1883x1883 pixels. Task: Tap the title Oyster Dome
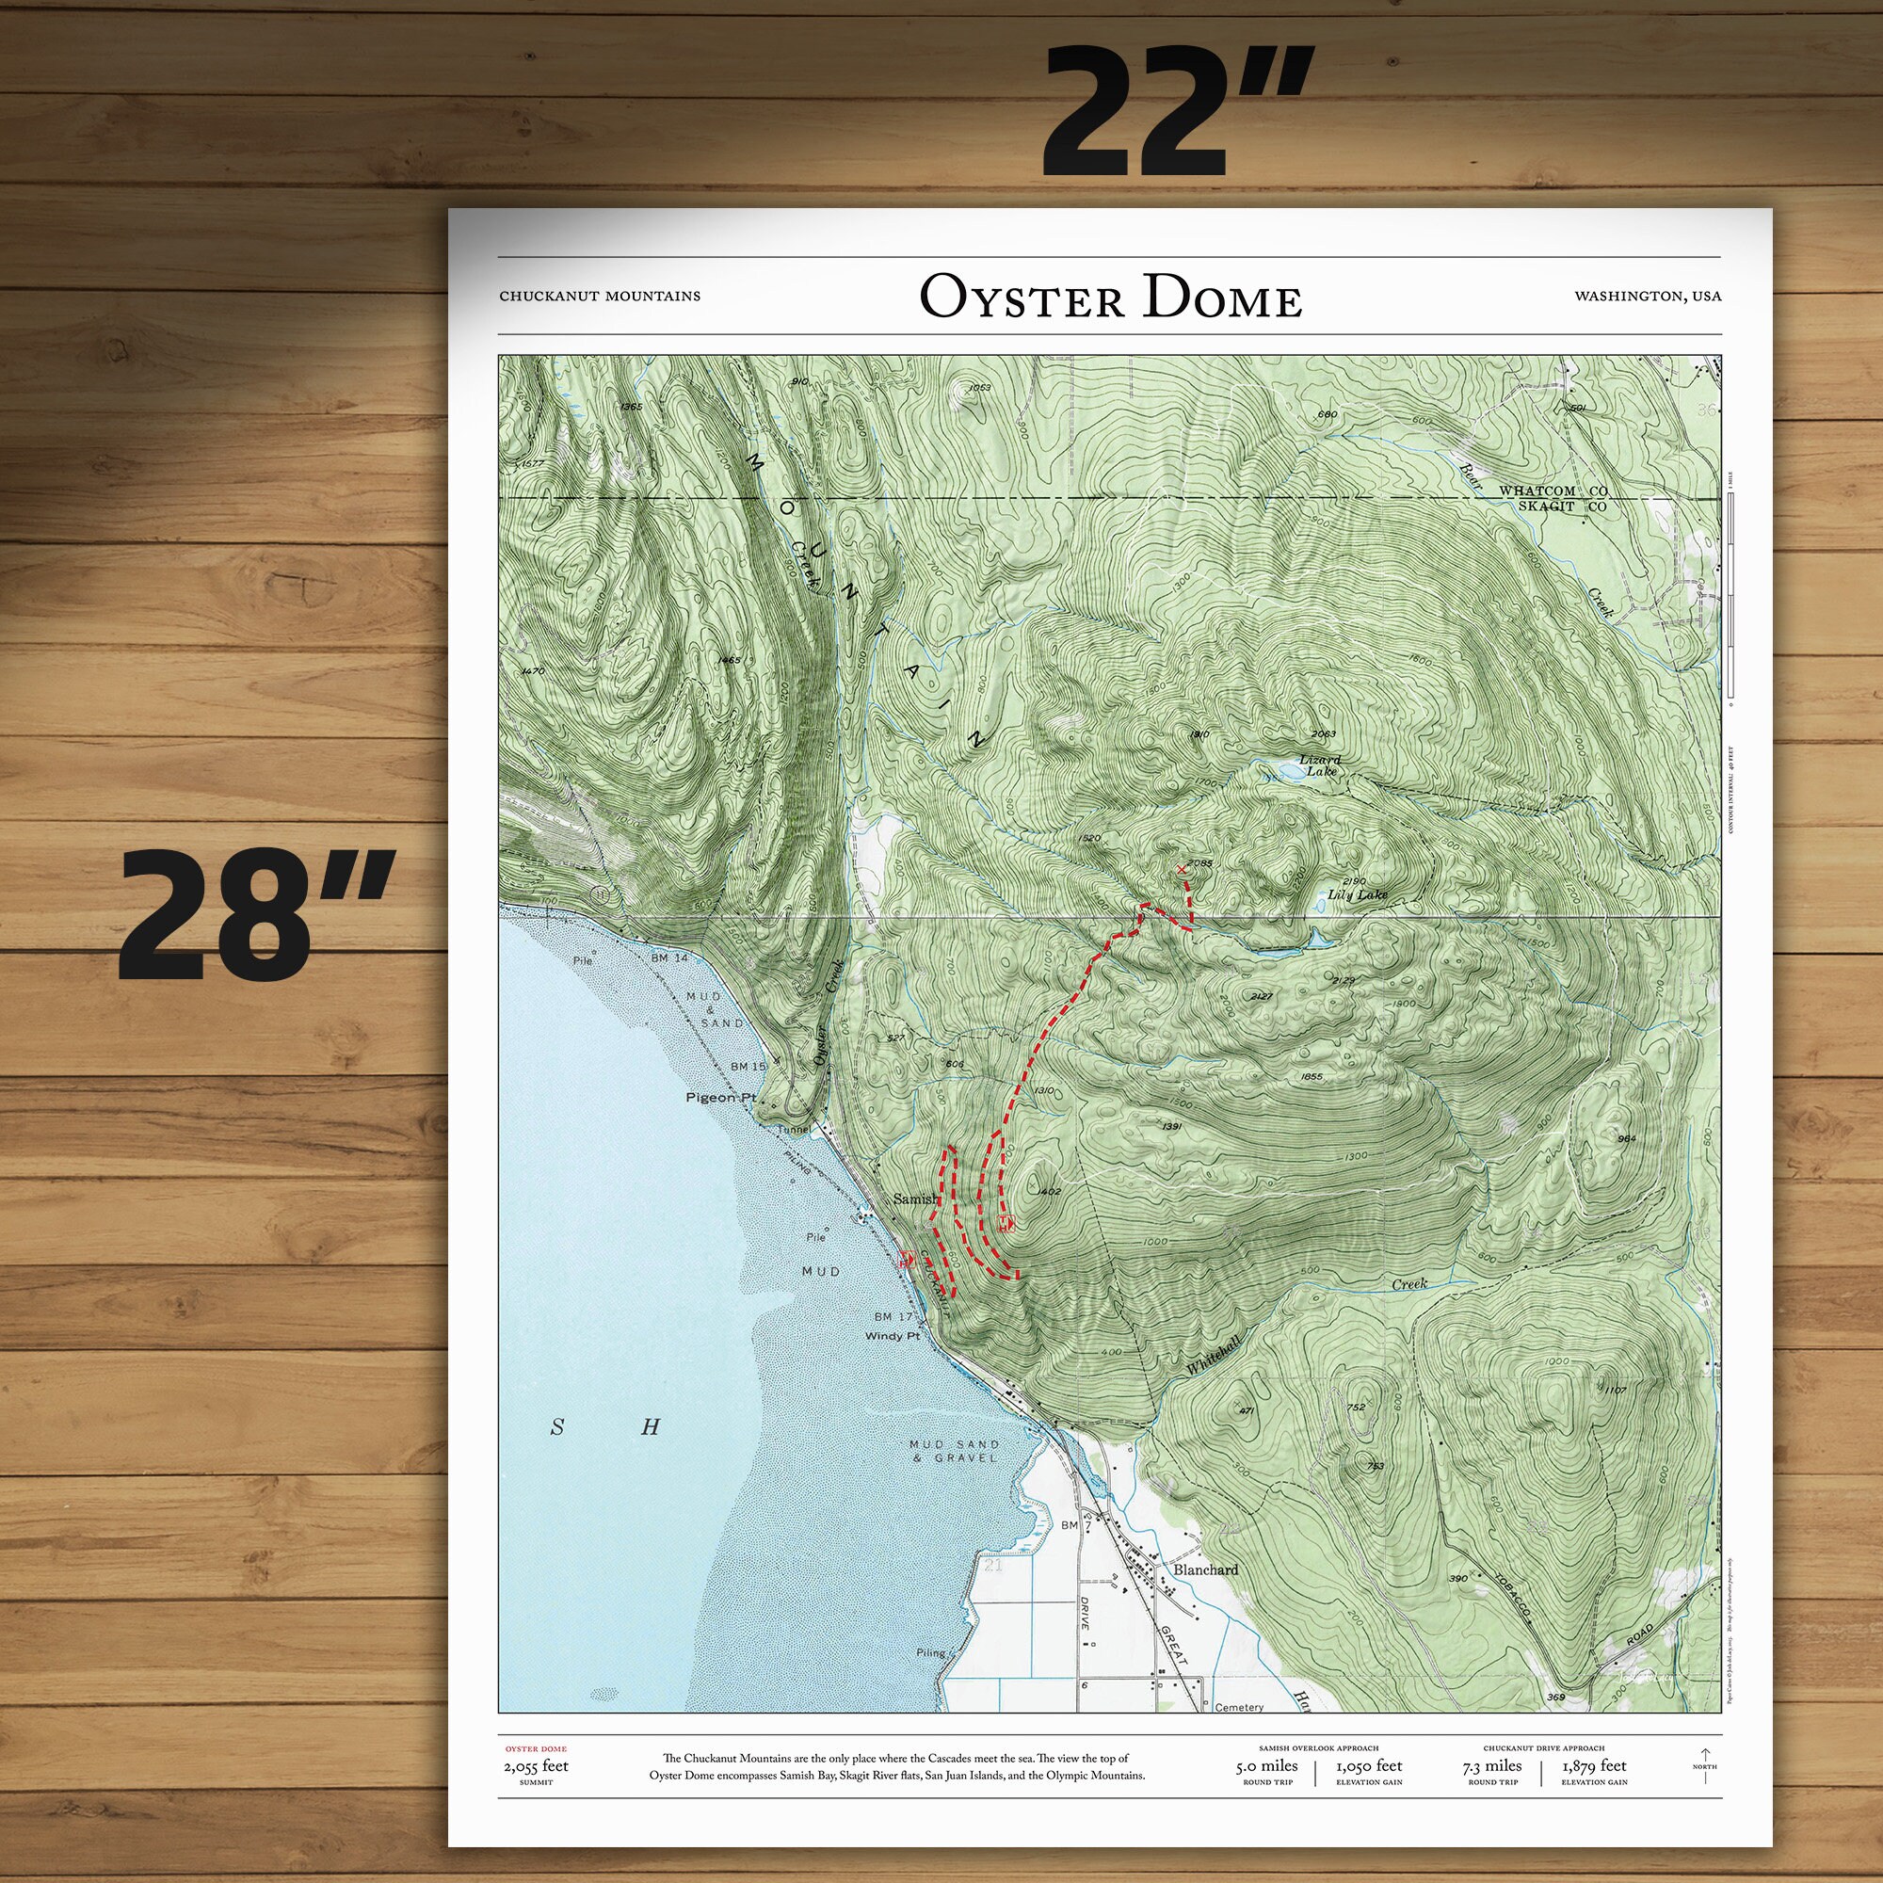pyautogui.click(x=1110, y=298)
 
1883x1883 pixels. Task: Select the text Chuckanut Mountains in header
pyautogui.click(x=600, y=297)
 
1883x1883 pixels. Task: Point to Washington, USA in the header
pyautogui.click(x=1647, y=297)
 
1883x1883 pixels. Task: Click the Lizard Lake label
pyautogui.click(x=1321, y=765)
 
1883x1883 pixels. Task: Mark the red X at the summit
pyautogui.click(x=1183, y=867)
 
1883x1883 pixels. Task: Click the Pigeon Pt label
pyautogui.click(x=721, y=1098)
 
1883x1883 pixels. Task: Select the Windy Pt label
pyautogui.click(x=892, y=1336)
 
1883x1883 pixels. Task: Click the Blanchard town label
pyautogui.click(x=1206, y=1569)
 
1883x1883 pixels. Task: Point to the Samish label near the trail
pyautogui.click(x=916, y=1199)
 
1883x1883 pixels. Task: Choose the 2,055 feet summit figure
pyautogui.click(x=536, y=1766)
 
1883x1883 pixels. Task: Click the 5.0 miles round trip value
pyautogui.click(x=1267, y=1766)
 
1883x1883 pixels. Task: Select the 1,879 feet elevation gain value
pyautogui.click(x=1595, y=1766)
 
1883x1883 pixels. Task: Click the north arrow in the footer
pyautogui.click(x=1705, y=1765)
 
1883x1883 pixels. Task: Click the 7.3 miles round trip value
pyautogui.click(x=1492, y=1766)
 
